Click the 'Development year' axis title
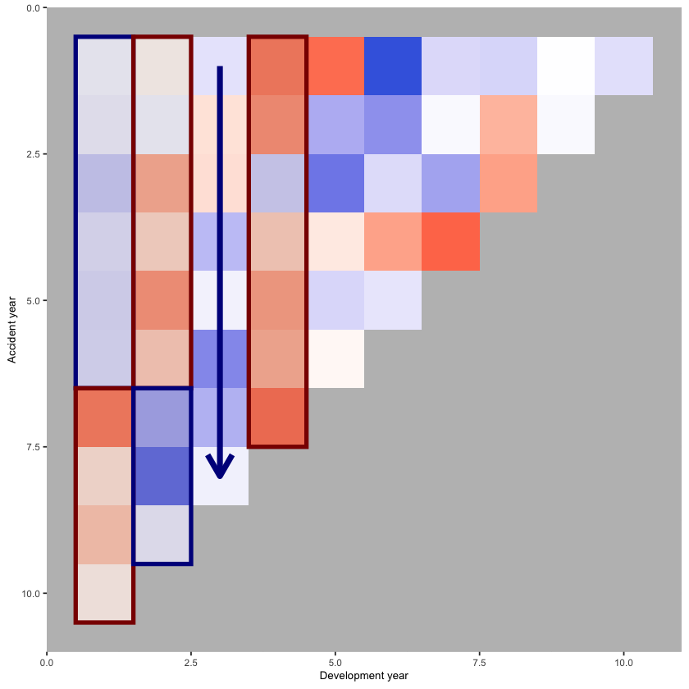click(363, 675)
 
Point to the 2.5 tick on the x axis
click(190, 660)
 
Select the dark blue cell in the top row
click(393, 66)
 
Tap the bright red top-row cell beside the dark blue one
click(335, 66)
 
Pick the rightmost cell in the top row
click(623, 66)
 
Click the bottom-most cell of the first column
click(104, 593)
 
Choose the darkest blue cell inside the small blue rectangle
click(162, 476)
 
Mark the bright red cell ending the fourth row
click(450, 242)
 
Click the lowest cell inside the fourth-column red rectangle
click(277, 418)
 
